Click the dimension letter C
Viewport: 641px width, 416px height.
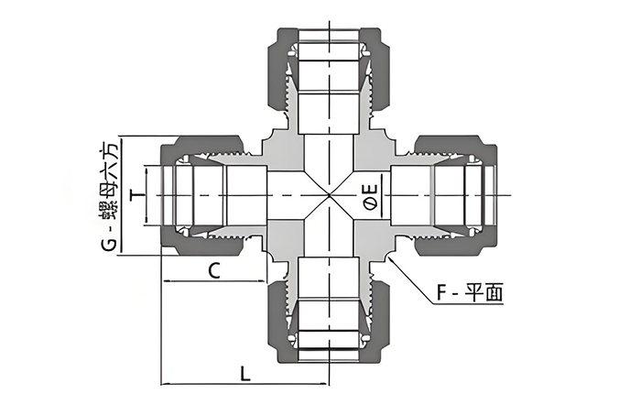214,271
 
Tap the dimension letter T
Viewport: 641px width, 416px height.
138,195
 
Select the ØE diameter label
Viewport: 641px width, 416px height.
370,196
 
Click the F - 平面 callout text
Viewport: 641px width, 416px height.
469,293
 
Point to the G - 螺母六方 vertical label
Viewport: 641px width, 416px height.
110,196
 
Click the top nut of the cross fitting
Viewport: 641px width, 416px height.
329,70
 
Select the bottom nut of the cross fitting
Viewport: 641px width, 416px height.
329,322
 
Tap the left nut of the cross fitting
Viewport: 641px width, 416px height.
202,195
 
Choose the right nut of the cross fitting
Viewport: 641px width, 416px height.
456,195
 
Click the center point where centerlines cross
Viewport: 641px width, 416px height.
329,195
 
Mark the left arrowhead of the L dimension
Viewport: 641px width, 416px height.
164,384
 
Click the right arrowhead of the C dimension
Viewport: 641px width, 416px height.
262,281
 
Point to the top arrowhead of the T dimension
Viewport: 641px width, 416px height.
145,169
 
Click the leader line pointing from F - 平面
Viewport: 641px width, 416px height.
410,280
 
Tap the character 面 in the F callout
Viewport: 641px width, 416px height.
494,293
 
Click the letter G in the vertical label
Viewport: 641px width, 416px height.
110,245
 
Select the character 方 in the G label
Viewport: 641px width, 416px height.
110,150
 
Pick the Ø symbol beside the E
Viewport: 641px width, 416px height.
370,203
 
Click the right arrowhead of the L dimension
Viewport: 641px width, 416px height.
324,384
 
